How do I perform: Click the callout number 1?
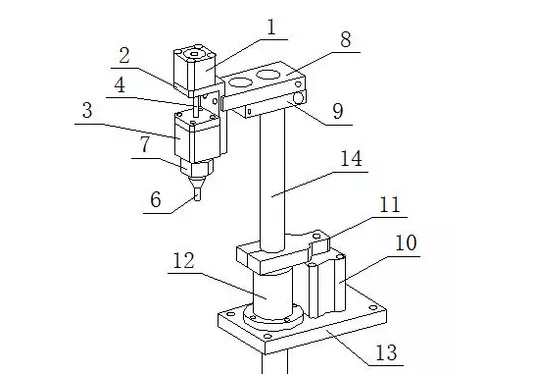[x=271, y=27]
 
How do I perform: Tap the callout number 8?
[x=346, y=39]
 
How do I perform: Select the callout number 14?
[x=351, y=158]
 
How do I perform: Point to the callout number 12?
[x=184, y=261]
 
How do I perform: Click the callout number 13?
[x=386, y=352]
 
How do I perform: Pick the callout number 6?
[x=156, y=199]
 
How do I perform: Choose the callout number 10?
[x=406, y=243]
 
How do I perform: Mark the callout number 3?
[x=87, y=110]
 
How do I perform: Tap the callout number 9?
[x=338, y=111]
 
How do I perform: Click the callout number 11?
[x=390, y=205]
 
